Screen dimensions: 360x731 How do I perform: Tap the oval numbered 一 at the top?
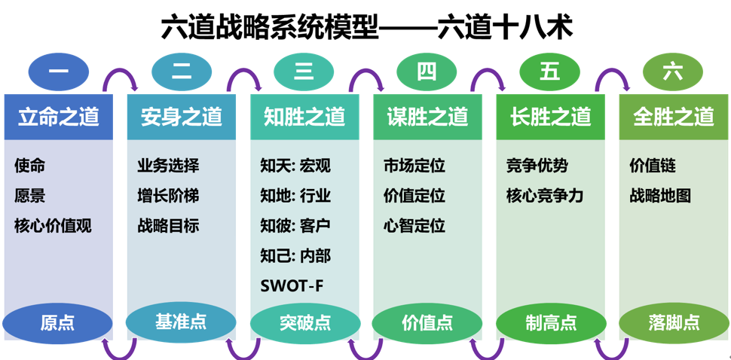(59, 72)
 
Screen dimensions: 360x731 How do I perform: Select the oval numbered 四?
(427, 72)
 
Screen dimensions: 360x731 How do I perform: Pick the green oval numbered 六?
(672, 72)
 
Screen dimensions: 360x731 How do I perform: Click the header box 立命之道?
(59, 117)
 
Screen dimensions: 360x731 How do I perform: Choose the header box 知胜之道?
(304, 117)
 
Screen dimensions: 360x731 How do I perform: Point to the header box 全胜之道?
(673, 117)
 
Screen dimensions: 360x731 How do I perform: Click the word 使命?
(29, 166)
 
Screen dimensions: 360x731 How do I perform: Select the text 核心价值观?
(53, 225)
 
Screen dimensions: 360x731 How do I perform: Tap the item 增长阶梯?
(168, 196)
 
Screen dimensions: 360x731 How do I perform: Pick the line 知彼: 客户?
(295, 225)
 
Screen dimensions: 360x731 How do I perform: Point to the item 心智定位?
(414, 225)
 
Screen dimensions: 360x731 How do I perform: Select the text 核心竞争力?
(544, 196)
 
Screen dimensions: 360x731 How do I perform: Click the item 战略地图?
(660, 196)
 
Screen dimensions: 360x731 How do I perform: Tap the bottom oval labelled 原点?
(58, 322)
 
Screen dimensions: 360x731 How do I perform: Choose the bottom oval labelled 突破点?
(304, 322)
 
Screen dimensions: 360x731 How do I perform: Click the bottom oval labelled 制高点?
(550, 322)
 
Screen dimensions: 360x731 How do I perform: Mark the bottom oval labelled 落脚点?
(673, 322)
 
